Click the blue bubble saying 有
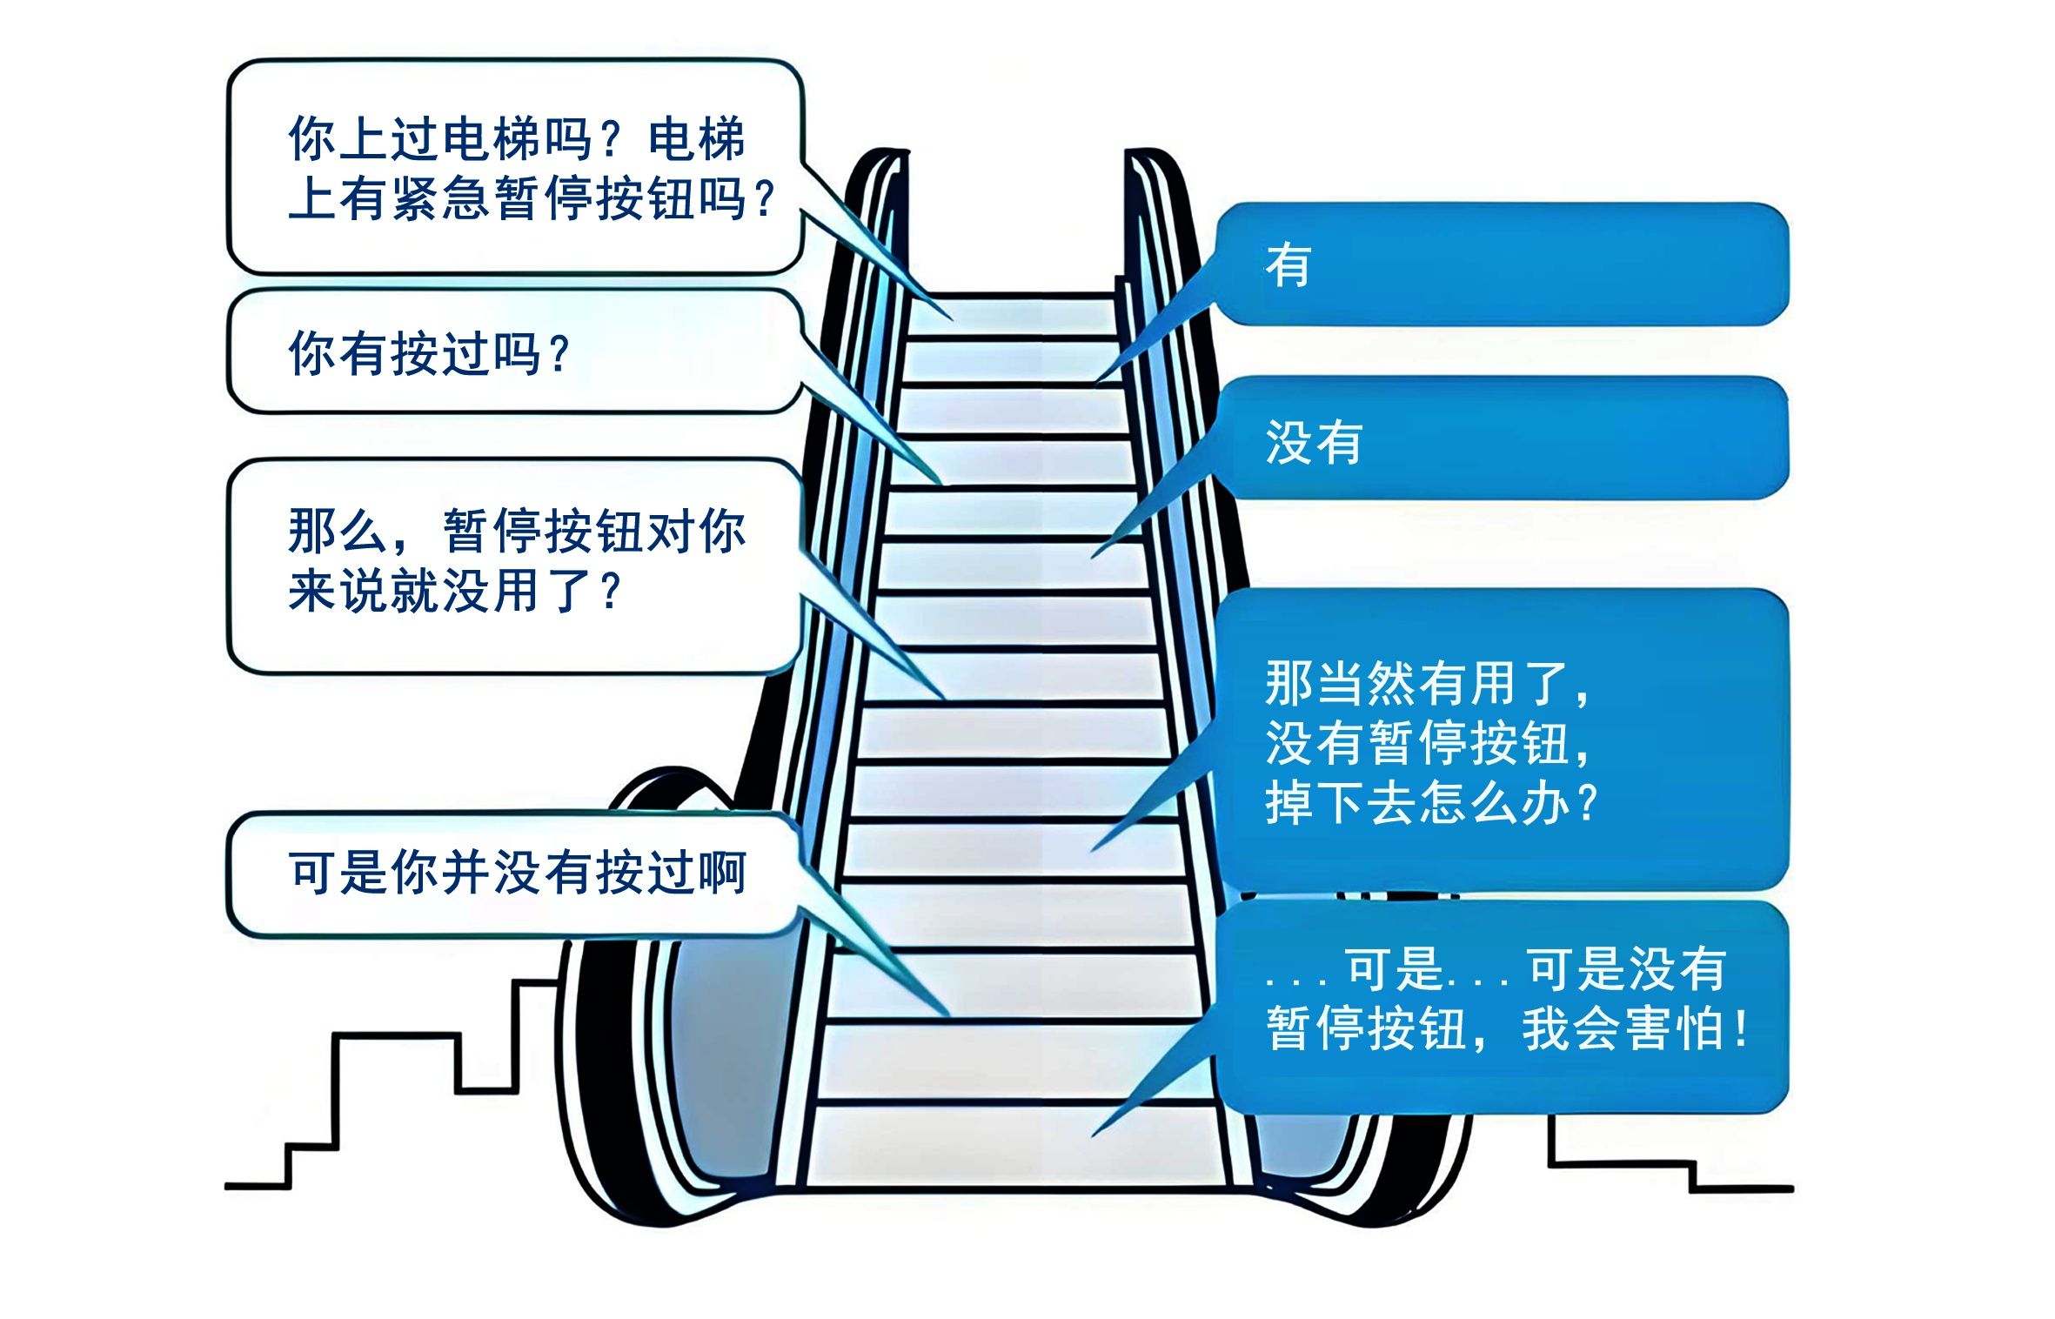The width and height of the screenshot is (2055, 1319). pyautogui.click(x=1501, y=264)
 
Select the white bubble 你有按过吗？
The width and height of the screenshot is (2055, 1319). pyautogui.click(x=513, y=352)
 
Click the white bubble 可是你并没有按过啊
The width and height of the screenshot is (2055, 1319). pyautogui.click(x=513, y=873)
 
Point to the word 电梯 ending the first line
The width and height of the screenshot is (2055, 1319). pyautogui.click(x=697, y=139)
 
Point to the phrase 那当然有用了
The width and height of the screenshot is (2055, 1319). pyautogui.click(x=1418, y=683)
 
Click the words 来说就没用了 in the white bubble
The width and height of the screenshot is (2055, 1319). pyautogui.click(x=439, y=592)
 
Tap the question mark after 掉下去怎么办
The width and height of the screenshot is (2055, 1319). pyautogui.click(x=1587, y=802)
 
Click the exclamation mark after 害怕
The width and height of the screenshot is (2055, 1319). pyautogui.click(x=1740, y=1028)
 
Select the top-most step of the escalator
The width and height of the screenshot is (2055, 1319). pyautogui.click(x=1014, y=318)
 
